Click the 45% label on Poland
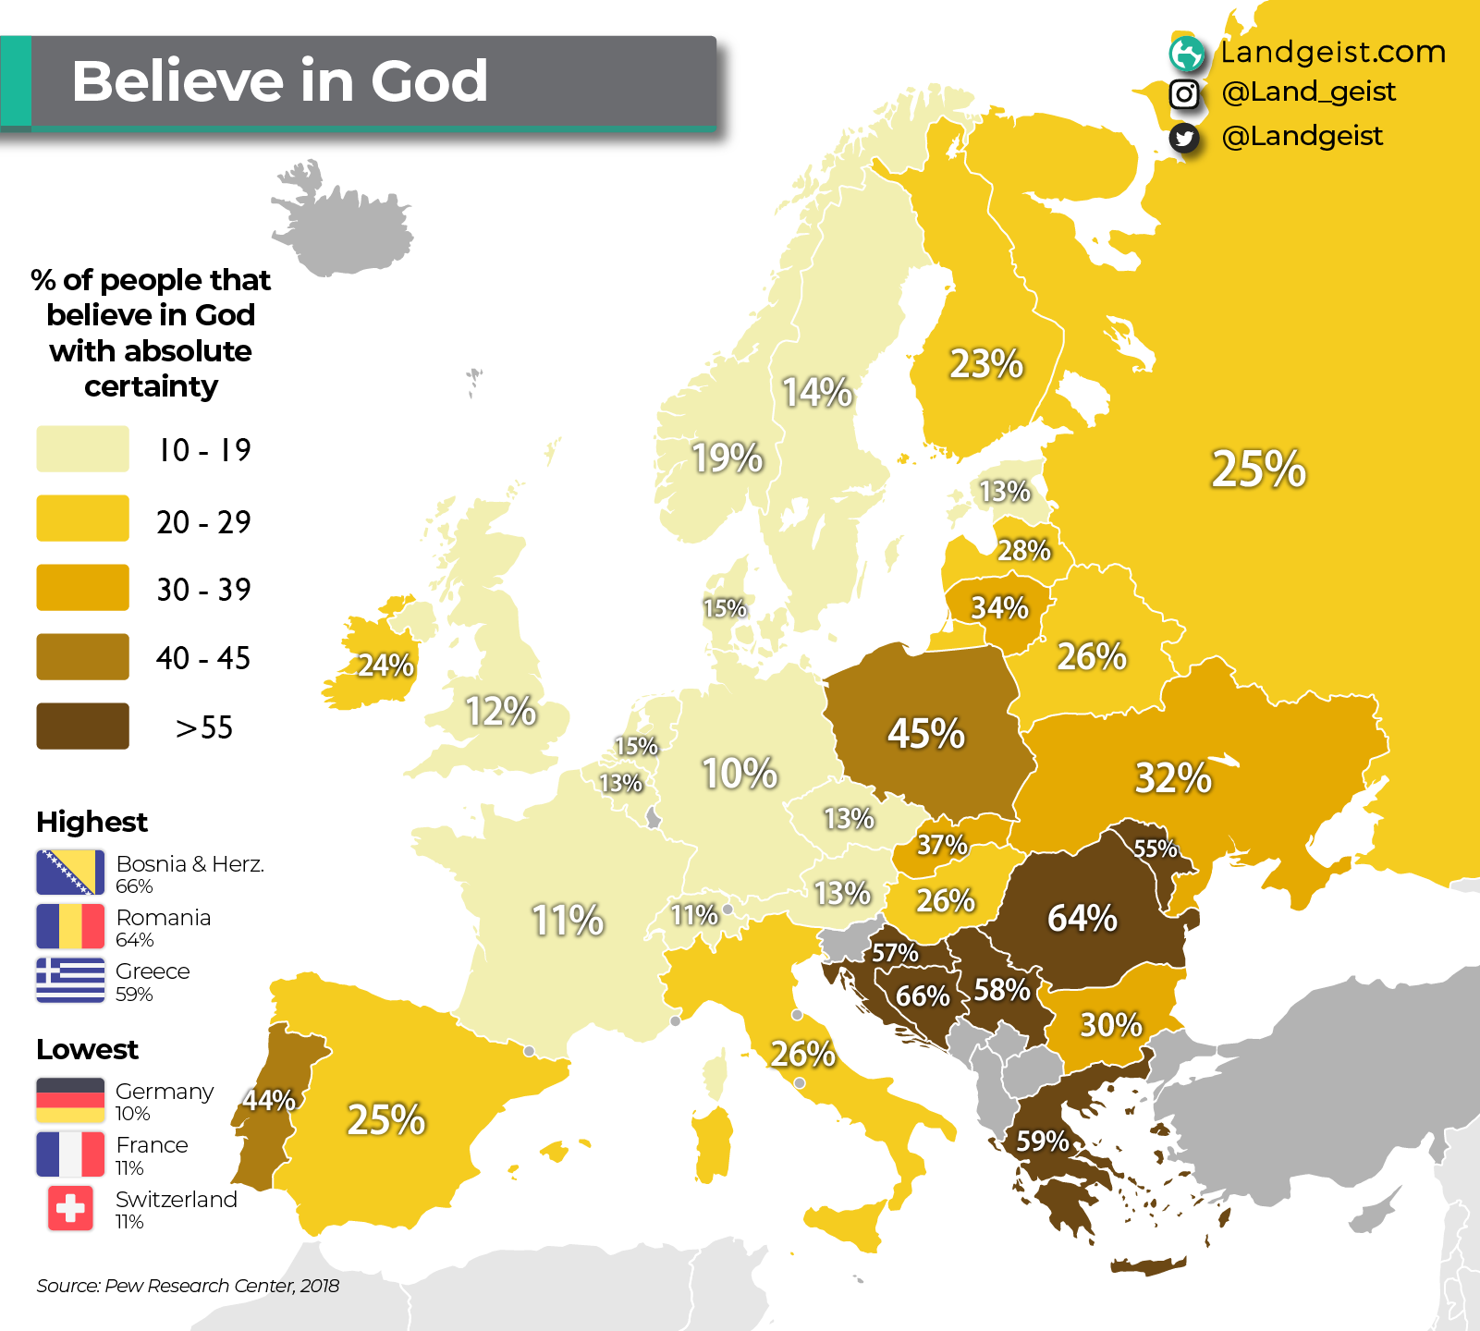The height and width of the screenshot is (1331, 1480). [926, 734]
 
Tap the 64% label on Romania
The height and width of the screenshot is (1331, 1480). [1082, 919]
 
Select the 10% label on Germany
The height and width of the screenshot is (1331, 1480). [740, 774]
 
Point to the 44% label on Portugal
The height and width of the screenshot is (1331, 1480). [268, 1100]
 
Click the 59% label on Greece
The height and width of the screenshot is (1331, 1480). [1043, 1142]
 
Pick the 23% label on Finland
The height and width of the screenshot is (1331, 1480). [986, 364]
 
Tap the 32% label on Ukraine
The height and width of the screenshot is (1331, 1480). [1173, 778]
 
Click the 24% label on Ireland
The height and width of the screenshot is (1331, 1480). [385, 665]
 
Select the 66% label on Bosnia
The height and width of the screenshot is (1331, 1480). [923, 996]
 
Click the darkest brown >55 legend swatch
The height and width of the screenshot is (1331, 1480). [82, 727]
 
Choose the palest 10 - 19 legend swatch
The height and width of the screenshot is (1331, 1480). [82, 449]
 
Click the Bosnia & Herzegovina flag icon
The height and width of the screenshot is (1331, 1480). [70, 873]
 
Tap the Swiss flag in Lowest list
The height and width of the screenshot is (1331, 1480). [70, 1208]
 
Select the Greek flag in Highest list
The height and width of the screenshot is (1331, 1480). [70, 980]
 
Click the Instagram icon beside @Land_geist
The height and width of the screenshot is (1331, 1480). [1184, 93]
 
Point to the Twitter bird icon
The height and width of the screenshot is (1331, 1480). [1184, 138]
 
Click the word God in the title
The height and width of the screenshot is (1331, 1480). [429, 81]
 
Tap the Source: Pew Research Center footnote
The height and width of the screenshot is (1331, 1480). [188, 1286]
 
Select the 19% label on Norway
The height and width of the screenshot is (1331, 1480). [728, 458]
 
